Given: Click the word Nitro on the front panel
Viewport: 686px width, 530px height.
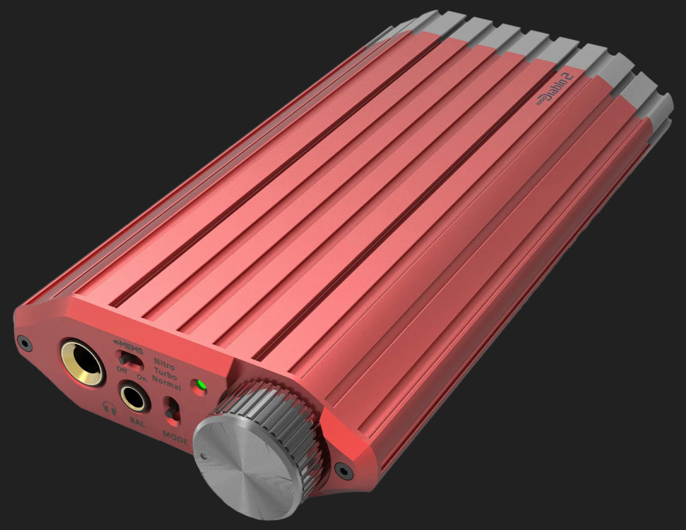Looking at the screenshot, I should coord(165,362).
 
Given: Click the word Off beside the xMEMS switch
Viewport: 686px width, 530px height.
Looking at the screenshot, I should coord(121,369).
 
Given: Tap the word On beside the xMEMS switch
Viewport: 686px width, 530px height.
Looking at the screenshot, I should coord(141,377).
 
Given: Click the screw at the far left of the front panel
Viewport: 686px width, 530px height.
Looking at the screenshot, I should coord(25,343).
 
